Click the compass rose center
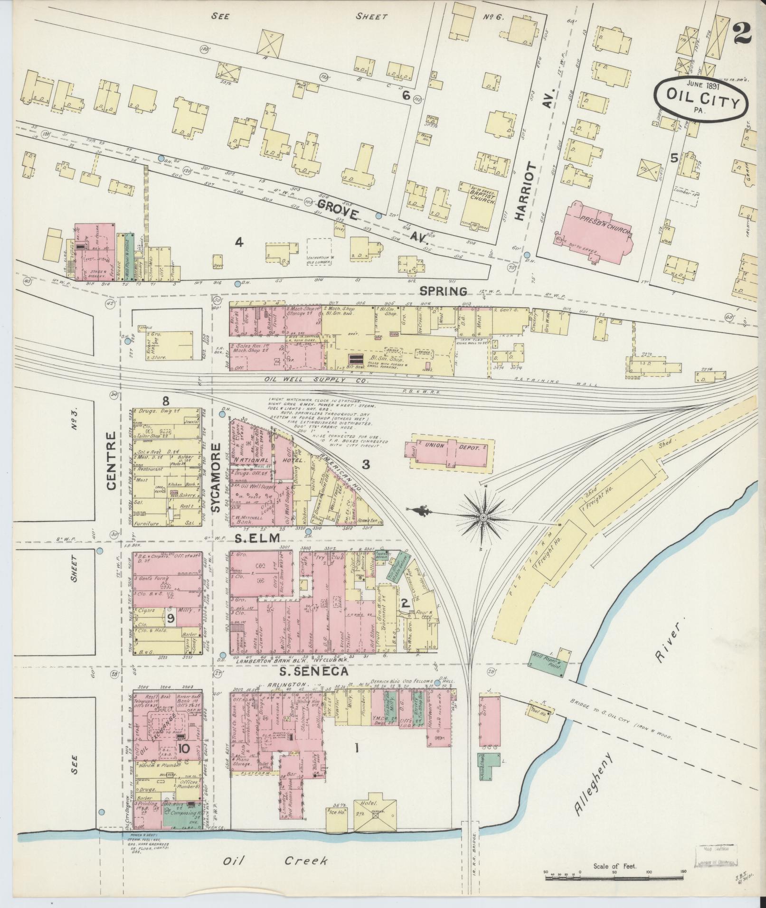click(x=483, y=516)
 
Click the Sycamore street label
click(x=217, y=477)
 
